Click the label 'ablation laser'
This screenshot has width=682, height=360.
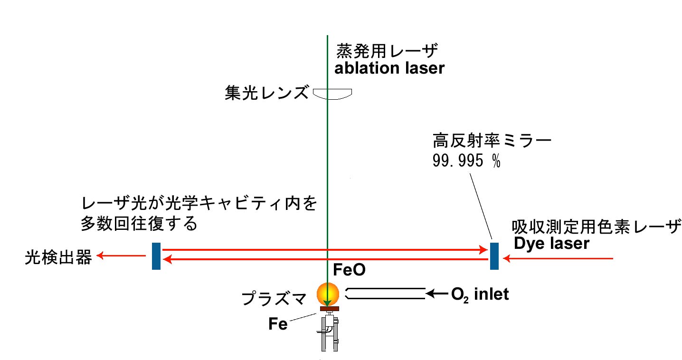tap(389, 68)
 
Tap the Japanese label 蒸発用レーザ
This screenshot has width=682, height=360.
tap(387, 50)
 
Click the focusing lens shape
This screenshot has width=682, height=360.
tap(332, 94)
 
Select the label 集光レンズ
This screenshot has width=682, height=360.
tap(267, 93)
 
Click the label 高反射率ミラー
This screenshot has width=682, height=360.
tap(492, 141)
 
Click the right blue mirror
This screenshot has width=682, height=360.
tap(494, 256)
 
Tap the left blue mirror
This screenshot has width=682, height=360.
tap(156, 256)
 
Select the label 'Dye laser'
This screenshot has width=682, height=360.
tap(551, 243)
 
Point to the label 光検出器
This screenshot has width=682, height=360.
tap(58, 258)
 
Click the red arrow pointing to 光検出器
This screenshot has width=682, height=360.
tap(121, 256)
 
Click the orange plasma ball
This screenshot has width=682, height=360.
tap(328, 294)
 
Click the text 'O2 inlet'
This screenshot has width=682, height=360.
tap(480, 294)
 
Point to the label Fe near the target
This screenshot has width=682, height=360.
tap(278, 325)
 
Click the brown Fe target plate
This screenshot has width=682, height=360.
tap(329, 309)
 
